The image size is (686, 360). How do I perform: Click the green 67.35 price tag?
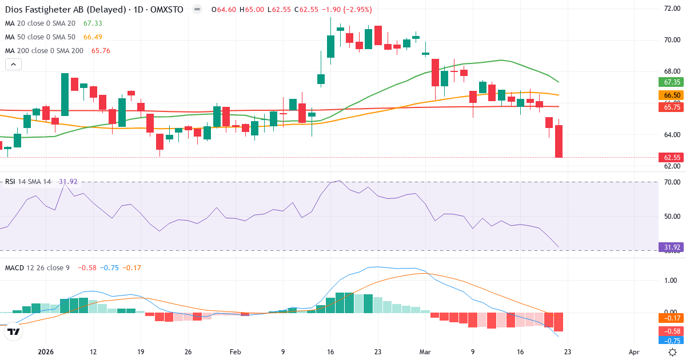click(669, 82)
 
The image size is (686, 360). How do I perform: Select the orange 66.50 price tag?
click(669, 95)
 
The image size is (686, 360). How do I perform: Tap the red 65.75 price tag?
click(669, 107)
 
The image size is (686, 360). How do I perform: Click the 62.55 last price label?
click(669, 157)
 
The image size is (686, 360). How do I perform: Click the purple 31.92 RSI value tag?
click(669, 247)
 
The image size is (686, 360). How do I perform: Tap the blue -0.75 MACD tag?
click(669, 341)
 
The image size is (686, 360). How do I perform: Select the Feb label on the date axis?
click(235, 352)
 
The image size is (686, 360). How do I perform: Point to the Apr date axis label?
click(633, 352)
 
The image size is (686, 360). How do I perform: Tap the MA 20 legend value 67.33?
click(93, 23)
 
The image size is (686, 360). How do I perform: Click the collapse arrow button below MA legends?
click(13, 64)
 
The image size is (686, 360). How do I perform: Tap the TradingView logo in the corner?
click(14, 331)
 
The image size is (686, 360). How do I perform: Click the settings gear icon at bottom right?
click(673, 352)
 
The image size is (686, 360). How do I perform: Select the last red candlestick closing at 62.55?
click(559, 141)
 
